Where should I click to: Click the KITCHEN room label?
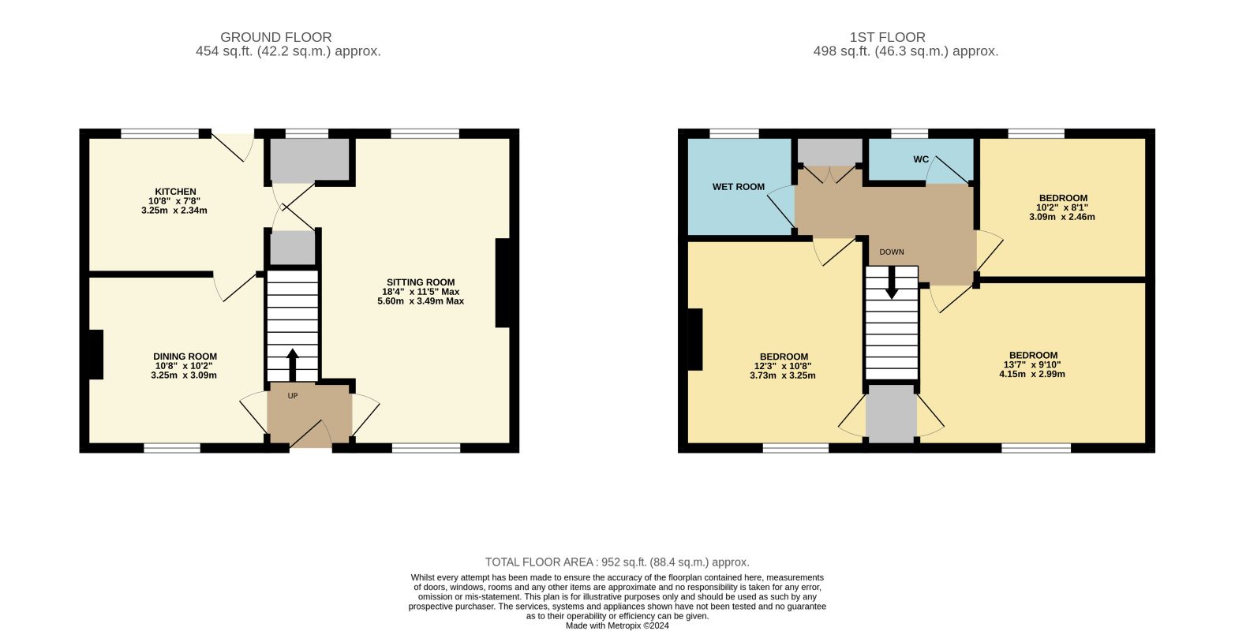175,192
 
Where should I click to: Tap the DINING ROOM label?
185,357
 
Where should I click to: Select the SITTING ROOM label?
421,282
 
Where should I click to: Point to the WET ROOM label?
739,187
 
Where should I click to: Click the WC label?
921,159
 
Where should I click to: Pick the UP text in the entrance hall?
293,396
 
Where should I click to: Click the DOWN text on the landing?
892,252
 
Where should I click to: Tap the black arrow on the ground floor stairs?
293,364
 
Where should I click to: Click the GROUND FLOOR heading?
275,37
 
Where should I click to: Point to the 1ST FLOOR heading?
887,37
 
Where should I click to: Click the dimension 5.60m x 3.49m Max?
421,301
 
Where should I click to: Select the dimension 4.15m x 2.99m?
1032,374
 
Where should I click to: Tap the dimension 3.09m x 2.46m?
1062,217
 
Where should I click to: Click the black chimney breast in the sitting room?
502,282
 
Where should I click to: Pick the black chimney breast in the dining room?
96,354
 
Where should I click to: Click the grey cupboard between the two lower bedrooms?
891,413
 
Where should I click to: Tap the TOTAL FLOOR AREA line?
617,562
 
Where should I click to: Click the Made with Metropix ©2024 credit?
617,625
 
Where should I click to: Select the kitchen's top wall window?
160,133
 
